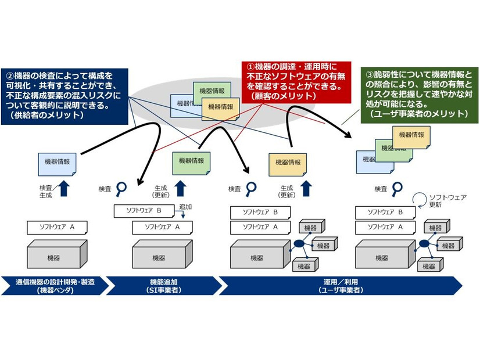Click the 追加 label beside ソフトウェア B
185,207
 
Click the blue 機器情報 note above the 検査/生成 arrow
56,163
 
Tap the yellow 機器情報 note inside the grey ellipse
220,107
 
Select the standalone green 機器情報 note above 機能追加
191,161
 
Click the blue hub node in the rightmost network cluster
424,244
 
